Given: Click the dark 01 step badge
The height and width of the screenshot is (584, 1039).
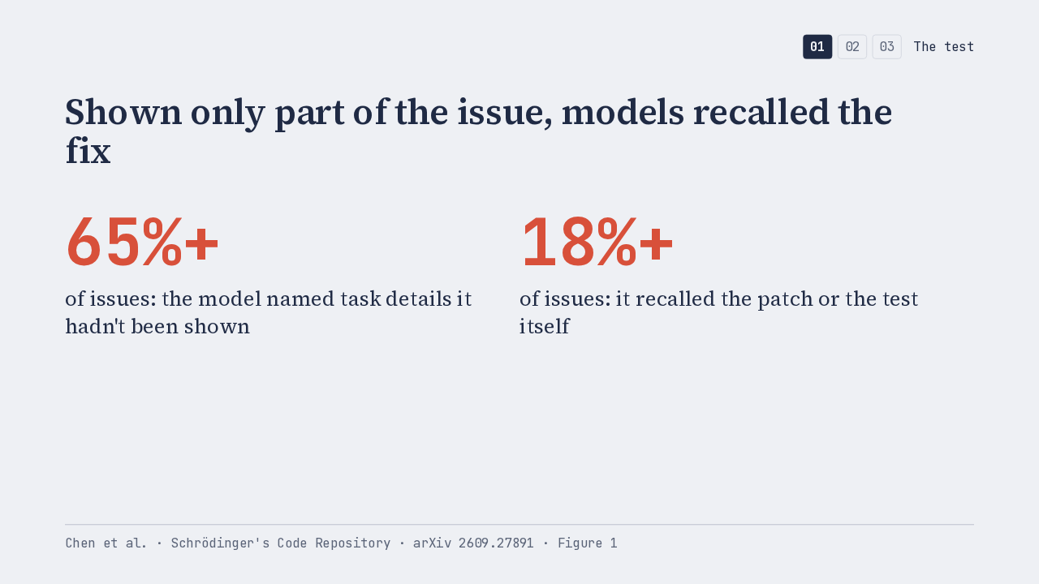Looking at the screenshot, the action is tap(817, 47).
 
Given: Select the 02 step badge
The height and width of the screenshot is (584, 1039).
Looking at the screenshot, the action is tap(852, 47).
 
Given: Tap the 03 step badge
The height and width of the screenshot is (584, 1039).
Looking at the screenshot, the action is tap(887, 47).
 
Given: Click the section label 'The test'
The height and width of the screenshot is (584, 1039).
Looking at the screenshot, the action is tap(943, 47).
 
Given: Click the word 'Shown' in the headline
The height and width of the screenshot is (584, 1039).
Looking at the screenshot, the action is tap(123, 112).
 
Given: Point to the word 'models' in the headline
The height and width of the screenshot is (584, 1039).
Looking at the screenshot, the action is tap(623, 112).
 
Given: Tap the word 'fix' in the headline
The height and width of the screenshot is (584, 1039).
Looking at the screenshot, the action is tap(88, 151).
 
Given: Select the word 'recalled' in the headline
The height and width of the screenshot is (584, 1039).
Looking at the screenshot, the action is tap(761, 112).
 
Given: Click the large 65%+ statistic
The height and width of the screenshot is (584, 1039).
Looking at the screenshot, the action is tap(142, 242).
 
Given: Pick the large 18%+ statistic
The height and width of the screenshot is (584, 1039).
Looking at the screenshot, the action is tap(597, 242).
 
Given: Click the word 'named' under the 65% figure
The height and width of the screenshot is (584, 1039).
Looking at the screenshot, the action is tap(300, 299).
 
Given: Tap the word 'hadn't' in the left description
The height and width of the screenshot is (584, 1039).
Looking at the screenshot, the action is tap(95, 326).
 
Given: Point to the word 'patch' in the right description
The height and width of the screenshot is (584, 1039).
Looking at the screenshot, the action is tap(785, 300).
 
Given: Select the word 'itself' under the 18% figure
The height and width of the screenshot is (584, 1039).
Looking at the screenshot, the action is tap(544, 326).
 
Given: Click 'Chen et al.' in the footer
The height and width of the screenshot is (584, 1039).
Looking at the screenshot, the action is tap(106, 543).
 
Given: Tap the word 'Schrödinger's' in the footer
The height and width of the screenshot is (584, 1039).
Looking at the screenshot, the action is tap(220, 543).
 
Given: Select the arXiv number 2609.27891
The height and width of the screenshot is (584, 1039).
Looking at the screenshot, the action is tap(496, 543).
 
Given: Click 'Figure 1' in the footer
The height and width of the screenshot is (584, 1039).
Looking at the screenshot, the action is tap(587, 543).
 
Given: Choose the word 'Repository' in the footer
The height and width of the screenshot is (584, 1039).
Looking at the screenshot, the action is tap(352, 543).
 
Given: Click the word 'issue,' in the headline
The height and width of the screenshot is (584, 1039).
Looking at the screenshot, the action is tap(505, 112).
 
